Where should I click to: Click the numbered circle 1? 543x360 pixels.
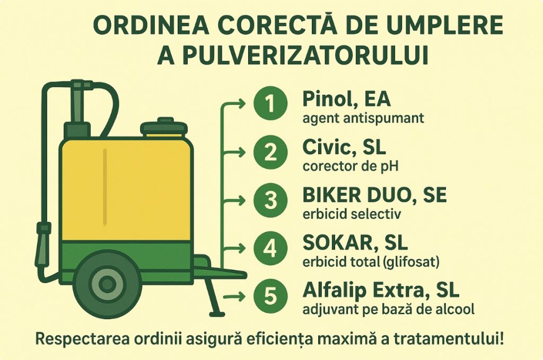270,103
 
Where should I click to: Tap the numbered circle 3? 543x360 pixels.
270,200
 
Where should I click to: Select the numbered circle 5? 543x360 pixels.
270,297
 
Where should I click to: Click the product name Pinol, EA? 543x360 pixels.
347,100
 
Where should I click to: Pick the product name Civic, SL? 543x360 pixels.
344,148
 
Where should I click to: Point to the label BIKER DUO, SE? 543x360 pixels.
374,196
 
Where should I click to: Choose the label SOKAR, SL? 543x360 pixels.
355,243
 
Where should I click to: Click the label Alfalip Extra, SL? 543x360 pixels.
381,291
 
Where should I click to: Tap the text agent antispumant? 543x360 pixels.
363,119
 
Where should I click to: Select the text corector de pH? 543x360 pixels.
351,166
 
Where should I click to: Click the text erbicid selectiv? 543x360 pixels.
352,214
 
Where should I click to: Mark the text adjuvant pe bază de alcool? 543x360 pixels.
388,310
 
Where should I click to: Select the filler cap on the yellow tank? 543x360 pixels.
164,127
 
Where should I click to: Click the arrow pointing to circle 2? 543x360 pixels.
234,152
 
